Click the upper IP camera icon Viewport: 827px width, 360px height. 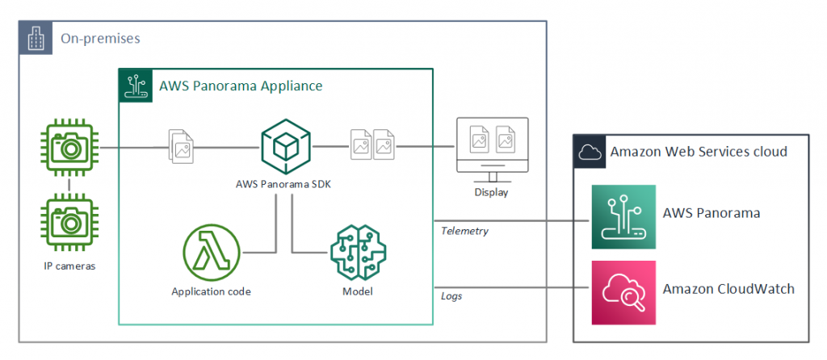point(69,148)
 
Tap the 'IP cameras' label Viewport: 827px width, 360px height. point(70,266)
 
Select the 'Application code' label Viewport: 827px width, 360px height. point(211,291)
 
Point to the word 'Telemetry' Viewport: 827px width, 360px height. point(464,230)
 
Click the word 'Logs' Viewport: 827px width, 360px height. point(451,295)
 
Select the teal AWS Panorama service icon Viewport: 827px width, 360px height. point(623,217)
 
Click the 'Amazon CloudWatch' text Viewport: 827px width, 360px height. point(728,289)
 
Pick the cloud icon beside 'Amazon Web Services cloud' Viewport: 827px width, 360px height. point(589,151)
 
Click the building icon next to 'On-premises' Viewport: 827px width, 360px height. point(36,38)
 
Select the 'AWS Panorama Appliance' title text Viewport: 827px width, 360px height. point(241,86)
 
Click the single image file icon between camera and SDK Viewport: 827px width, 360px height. point(180,147)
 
